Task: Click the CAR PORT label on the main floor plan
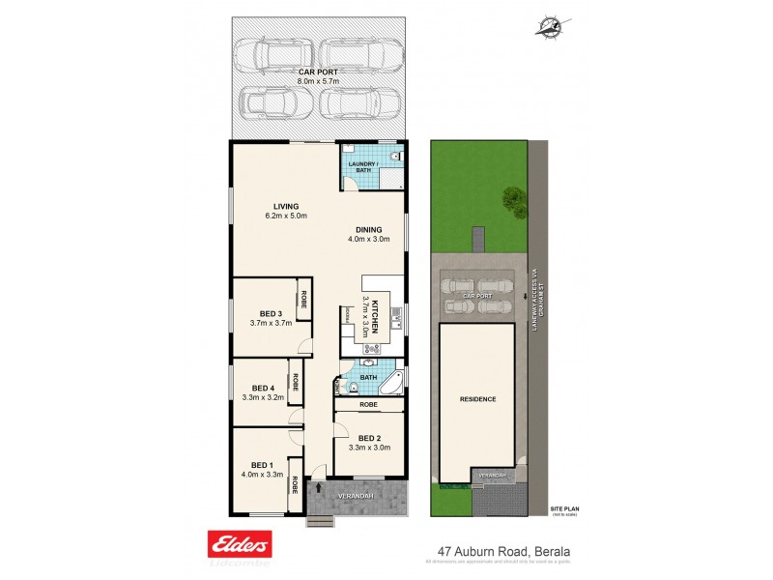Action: tap(317, 72)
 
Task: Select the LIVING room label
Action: tap(285, 206)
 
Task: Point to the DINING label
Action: tap(368, 229)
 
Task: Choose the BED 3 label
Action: tap(271, 312)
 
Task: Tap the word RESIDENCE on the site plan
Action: tap(478, 399)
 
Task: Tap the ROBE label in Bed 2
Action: tap(367, 405)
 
